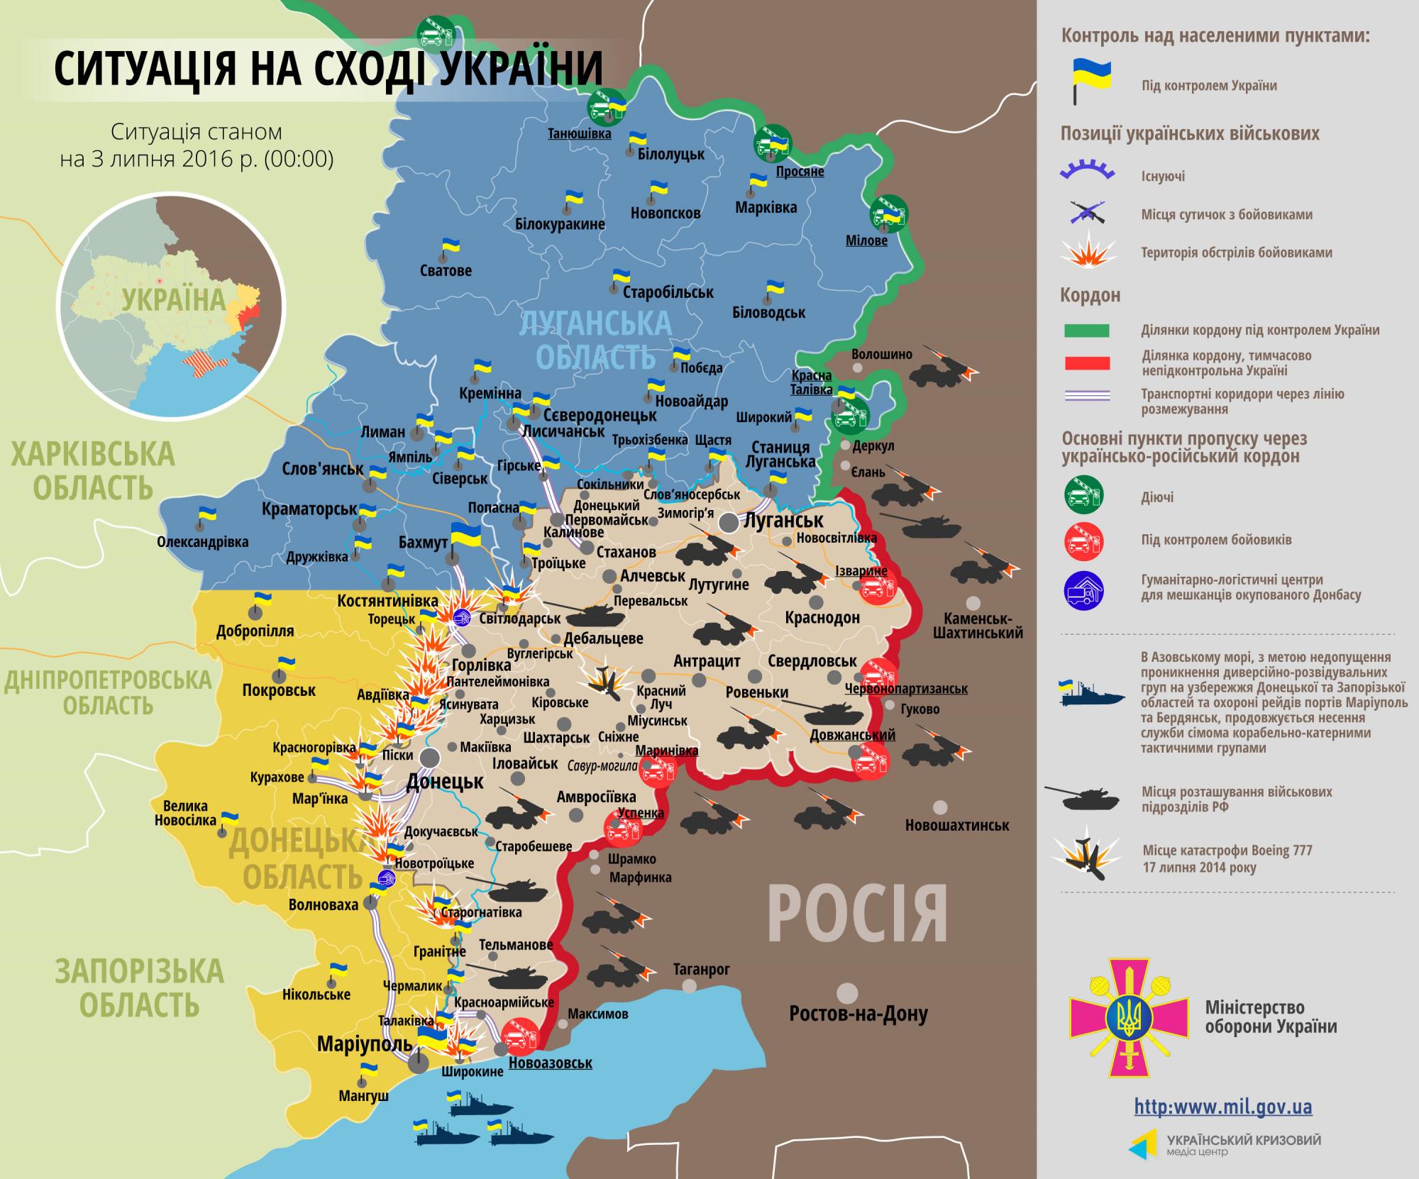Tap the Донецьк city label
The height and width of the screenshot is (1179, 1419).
point(444,782)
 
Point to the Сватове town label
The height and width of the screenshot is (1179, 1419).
point(446,270)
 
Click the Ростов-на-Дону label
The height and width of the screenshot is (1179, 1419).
point(858,1014)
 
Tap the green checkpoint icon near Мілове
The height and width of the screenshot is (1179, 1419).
point(889,213)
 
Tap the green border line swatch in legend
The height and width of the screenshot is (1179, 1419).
point(1086,331)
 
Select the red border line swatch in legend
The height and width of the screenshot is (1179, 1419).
point(1086,363)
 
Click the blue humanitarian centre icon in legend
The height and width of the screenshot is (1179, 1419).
point(1083,589)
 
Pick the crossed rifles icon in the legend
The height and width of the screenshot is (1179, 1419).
point(1086,213)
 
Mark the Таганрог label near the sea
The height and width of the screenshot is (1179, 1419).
point(702,969)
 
